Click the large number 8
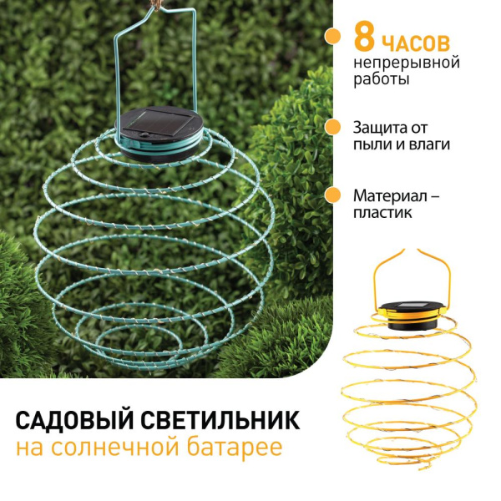(x=364, y=38)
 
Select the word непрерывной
(x=407, y=63)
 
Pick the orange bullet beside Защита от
(x=332, y=127)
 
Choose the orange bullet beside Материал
(x=332, y=195)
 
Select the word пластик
(x=382, y=213)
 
